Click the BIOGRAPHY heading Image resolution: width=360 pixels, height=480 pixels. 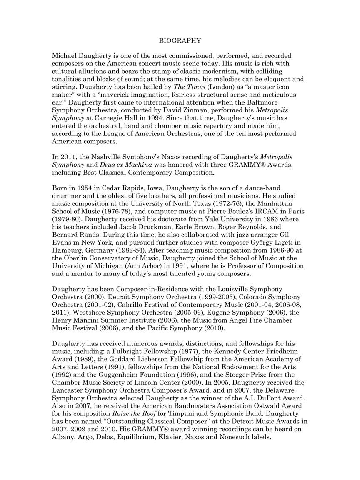[180, 41]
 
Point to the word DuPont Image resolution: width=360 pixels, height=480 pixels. [273, 397]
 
